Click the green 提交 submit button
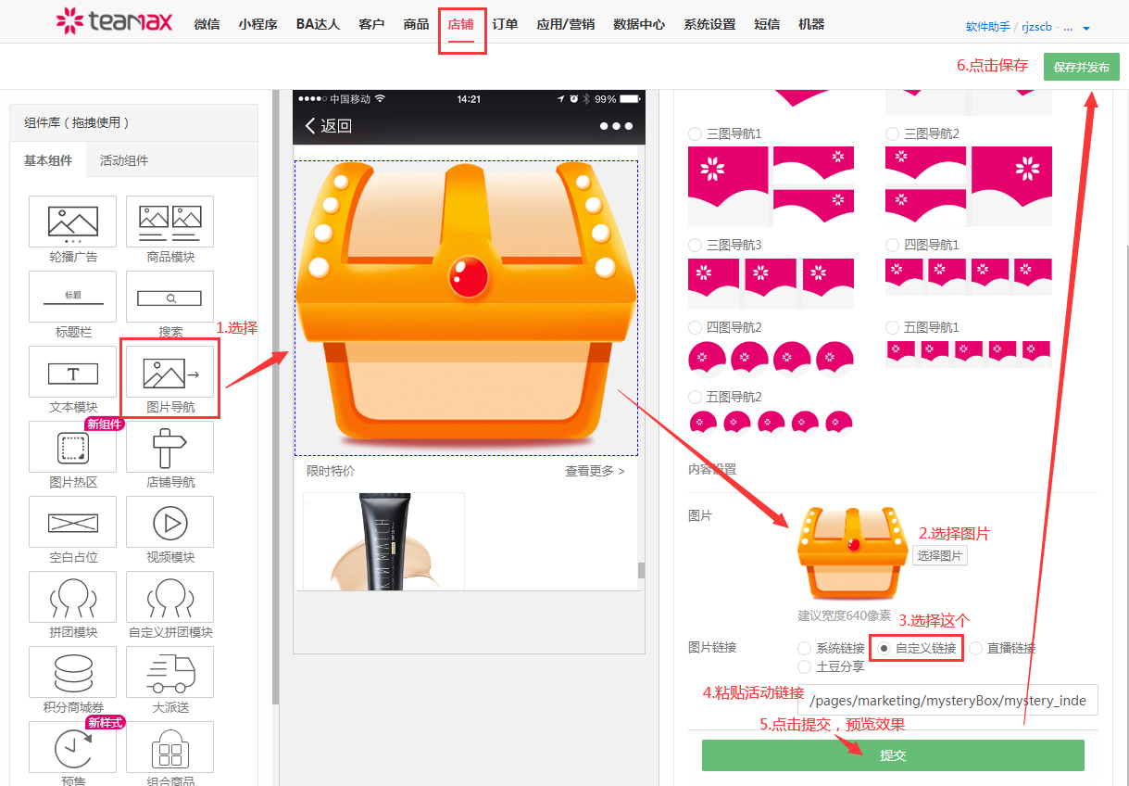point(892,755)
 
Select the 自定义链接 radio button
point(884,648)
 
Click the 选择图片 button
point(939,555)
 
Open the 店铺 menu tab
point(460,24)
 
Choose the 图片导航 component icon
point(170,373)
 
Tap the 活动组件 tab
point(123,160)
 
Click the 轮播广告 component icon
point(73,222)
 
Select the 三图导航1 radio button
point(696,134)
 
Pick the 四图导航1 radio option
point(893,245)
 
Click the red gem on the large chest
point(466,275)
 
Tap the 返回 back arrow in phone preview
point(311,126)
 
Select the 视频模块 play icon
point(170,523)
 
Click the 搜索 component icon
point(170,298)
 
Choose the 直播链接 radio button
point(976,648)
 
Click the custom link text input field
point(947,701)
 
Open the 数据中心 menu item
point(639,24)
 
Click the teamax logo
point(114,21)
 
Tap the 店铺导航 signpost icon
point(170,448)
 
